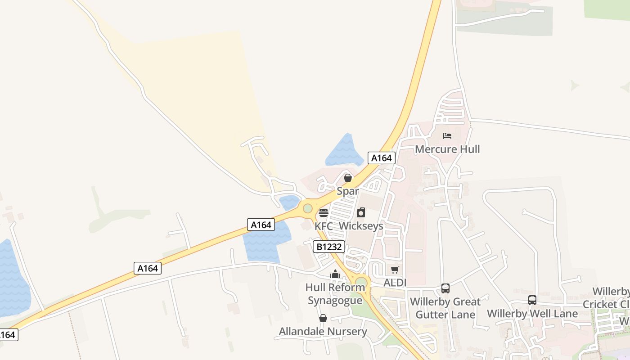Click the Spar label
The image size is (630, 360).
[348, 191]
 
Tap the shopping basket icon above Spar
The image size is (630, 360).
[348, 178]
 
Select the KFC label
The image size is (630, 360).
[324, 226]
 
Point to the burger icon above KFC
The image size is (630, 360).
[323, 213]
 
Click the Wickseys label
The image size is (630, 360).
[361, 226]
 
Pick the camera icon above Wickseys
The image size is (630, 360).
[361, 212]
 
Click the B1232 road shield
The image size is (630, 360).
[329, 247]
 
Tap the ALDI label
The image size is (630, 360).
[395, 283]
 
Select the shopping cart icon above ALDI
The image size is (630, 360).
[395, 270]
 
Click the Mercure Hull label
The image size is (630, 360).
[447, 149]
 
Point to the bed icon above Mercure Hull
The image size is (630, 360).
[447, 135]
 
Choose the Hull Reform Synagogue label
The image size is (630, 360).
[335, 294]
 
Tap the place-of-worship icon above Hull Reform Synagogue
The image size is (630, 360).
[335, 274]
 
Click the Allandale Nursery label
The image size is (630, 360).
[323, 332]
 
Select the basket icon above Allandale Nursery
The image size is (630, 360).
[323, 319]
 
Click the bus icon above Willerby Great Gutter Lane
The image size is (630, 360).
[445, 288]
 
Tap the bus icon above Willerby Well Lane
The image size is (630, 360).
[532, 300]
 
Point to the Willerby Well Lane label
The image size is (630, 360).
[532, 313]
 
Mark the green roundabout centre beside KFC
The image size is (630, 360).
[308, 208]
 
